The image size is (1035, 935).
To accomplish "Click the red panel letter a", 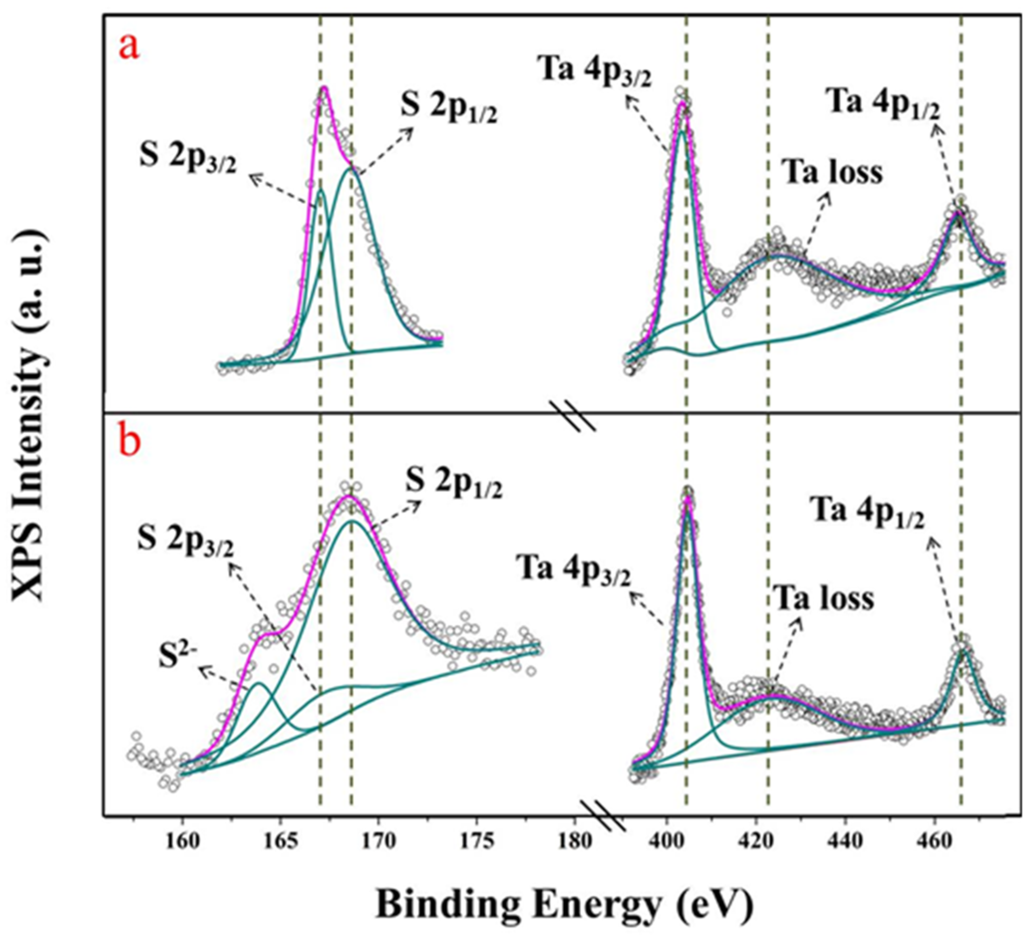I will (129, 47).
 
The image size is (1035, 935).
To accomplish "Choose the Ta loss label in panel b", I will (824, 599).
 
